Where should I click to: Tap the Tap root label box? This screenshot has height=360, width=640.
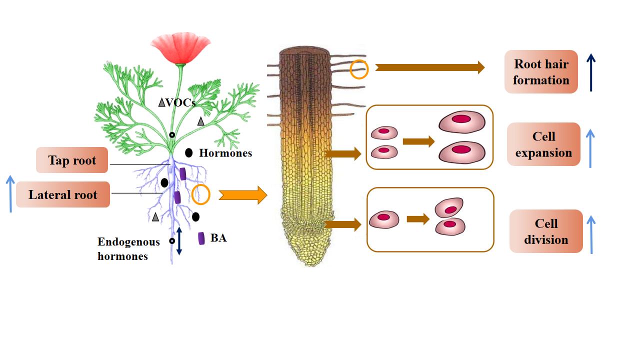(x=72, y=160)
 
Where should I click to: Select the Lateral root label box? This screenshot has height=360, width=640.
(x=63, y=194)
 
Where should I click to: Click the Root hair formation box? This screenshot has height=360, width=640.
(x=541, y=71)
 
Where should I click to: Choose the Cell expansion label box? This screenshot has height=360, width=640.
(x=543, y=144)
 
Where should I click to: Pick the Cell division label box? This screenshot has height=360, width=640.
(x=546, y=231)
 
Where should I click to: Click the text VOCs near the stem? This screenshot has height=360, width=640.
(x=180, y=102)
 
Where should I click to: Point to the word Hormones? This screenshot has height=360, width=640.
(x=225, y=153)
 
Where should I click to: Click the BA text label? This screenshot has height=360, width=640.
(x=218, y=238)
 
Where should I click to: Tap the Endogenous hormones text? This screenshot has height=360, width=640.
(x=128, y=249)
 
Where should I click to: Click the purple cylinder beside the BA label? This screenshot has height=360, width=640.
(x=201, y=238)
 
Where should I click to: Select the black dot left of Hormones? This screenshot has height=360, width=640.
(x=189, y=153)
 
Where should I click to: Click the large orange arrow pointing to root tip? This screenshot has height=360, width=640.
(x=242, y=194)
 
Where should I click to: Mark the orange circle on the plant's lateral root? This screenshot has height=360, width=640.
(x=201, y=194)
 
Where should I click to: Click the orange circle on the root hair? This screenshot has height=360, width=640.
(x=359, y=69)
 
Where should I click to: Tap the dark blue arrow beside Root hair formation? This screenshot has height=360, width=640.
(x=591, y=72)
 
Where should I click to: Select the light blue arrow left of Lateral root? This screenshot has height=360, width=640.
(x=11, y=193)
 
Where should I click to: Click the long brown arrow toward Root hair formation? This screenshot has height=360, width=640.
(x=429, y=67)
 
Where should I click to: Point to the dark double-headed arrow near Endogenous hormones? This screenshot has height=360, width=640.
(x=179, y=241)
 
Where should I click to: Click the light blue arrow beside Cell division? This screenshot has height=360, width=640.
(x=591, y=234)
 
